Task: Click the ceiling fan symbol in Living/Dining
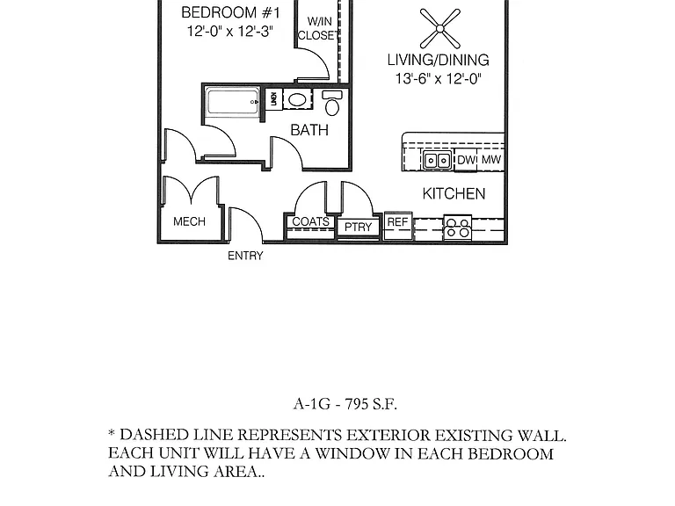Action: [x=440, y=29]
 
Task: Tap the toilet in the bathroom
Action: [x=332, y=104]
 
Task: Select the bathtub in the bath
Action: [x=233, y=102]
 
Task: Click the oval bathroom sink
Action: [x=297, y=100]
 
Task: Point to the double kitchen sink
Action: [x=437, y=161]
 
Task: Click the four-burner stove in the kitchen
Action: [x=458, y=228]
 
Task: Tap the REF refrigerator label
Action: [x=397, y=222]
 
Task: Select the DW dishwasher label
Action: [x=466, y=160]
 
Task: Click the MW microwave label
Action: [x=490, y=160]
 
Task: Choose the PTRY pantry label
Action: [x=359, y=227]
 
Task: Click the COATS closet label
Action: [x=310, y=221]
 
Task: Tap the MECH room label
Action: [x=189, y=221]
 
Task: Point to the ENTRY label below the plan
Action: [x=245, y=256]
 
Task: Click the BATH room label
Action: [x=309, y=130]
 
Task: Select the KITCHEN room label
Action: [x=454, y=194]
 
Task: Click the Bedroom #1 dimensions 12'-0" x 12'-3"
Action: [x=230, y=32]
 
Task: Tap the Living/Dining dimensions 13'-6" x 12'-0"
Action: [x=439, y=79]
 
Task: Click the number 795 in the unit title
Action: [x=357, y=404]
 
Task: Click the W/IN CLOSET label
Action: [x=318, y=28]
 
